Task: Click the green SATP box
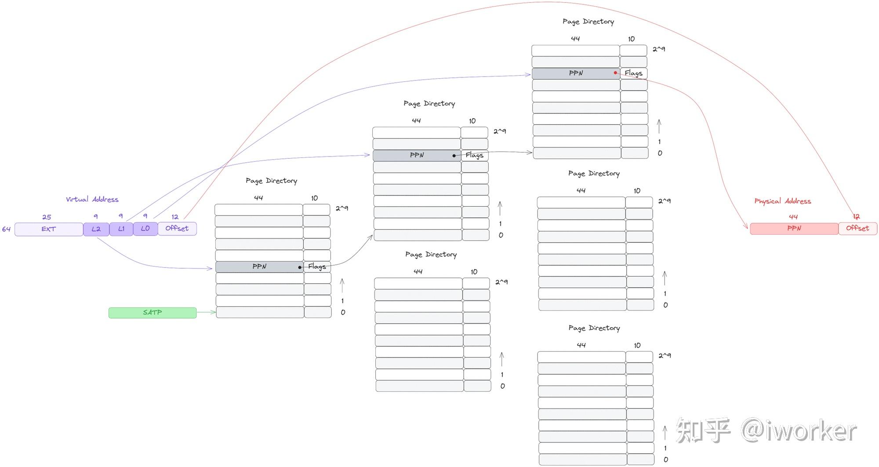click(152, 313)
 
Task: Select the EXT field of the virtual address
click(49, 229)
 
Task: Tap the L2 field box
click(96, 229)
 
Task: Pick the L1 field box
click(121, 229)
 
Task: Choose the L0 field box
click(145, 229)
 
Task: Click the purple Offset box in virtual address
click(177, 229)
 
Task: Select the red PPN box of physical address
click(794, 229)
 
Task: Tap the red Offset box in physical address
click(857, 229)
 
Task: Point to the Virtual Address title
click(92, 199)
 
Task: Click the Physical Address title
click(783, 201)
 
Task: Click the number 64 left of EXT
click(6, 229)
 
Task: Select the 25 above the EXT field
click(47, 217)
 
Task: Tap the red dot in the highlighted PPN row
click(615, 73)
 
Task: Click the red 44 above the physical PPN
click(793, 217)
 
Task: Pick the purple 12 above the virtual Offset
click(175, 217)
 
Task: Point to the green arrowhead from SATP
click(214, 312)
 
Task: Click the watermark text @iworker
click(799, 431)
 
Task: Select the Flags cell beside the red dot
click(634, 73)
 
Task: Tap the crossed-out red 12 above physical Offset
click(856, 216)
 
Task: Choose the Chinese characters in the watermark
click(703, 431)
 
